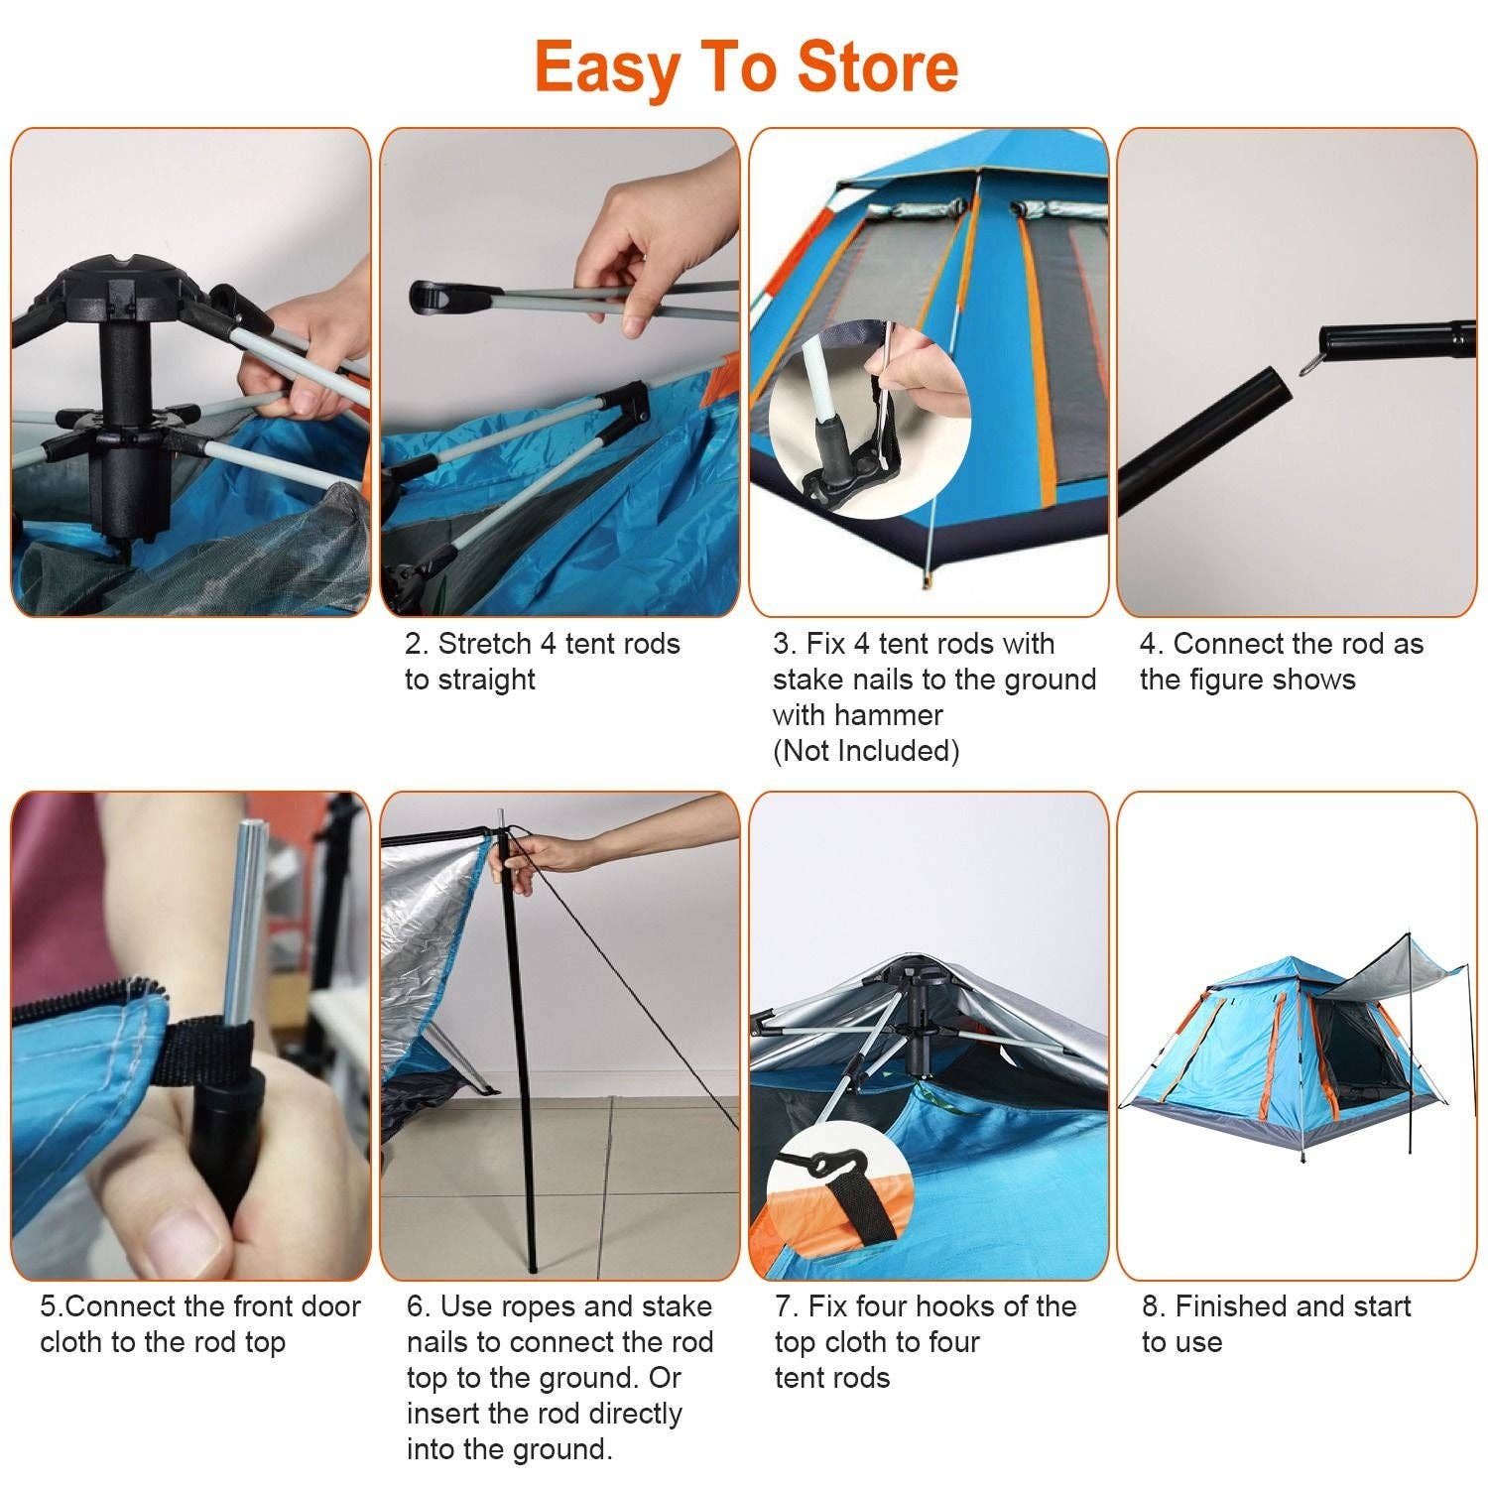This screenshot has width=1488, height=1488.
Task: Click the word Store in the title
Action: pos(878,67)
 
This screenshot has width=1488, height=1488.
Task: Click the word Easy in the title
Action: pos(607,67)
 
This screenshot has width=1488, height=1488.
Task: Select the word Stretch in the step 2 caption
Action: pos(485,644)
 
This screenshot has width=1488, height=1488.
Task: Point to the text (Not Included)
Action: pos(866,751)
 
